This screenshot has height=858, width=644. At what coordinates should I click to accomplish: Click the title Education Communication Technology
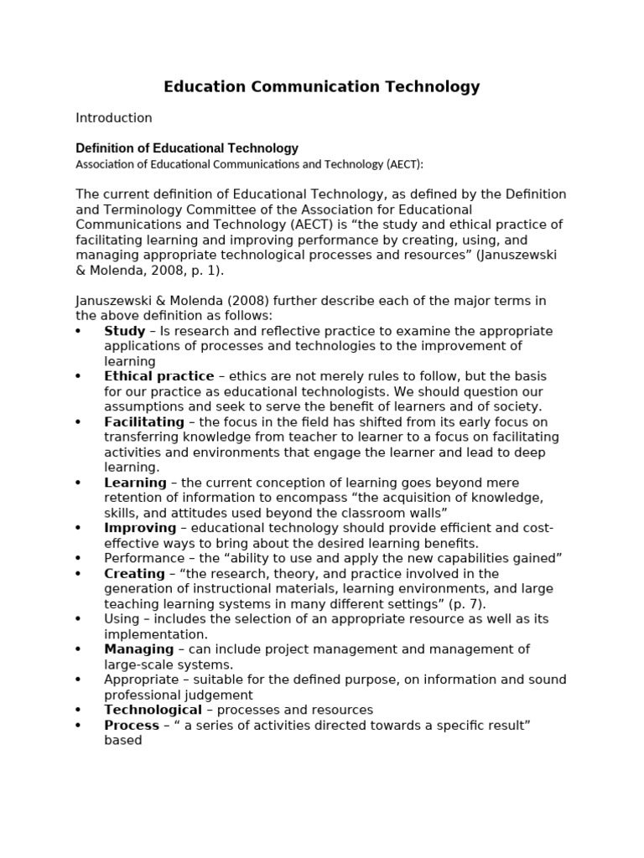[321, 86]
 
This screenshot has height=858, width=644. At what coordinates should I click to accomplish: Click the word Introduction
[114, 118]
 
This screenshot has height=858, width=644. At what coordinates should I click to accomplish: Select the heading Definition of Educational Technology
[187, 148]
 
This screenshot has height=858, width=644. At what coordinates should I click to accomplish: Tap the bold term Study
[124, 331]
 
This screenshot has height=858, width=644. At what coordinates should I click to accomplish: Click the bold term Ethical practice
[158, 376]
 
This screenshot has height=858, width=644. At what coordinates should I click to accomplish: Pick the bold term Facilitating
[143, 421]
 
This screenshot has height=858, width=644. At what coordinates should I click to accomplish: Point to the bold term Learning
[135, 483]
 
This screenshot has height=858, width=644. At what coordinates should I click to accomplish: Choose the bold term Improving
[140, 528]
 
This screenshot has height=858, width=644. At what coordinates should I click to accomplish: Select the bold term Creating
[134, 573]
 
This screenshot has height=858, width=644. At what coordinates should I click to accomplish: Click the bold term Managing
[138, 649]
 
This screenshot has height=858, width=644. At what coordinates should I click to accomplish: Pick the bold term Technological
[153, 710]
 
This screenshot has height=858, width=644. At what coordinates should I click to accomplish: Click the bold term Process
[132, 725]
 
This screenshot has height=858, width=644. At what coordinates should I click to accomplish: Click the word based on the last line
[122, 740]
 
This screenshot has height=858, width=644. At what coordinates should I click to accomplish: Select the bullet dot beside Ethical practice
[78, 376]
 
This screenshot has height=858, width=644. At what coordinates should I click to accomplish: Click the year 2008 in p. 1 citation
[153, 271]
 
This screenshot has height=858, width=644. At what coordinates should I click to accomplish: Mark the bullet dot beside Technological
[78, 710]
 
